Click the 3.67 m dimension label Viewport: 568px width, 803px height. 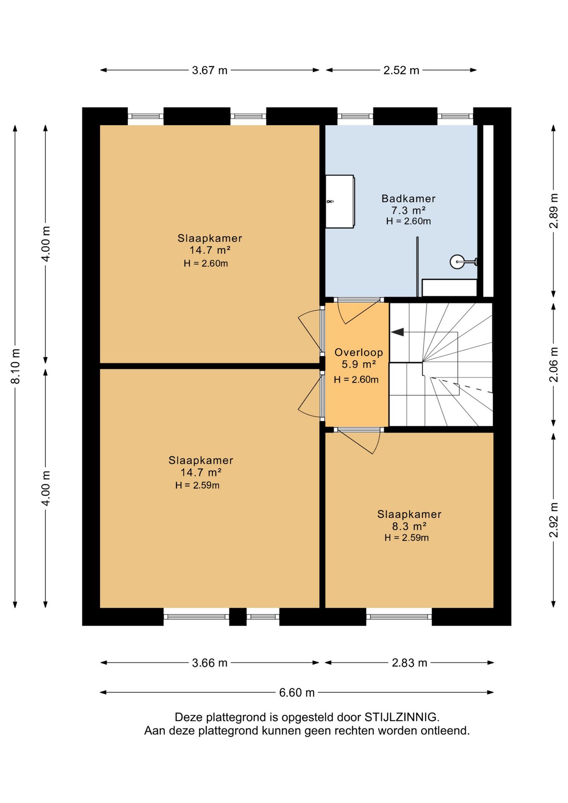210,70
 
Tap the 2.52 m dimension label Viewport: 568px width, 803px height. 401,70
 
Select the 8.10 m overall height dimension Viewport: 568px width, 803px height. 15,366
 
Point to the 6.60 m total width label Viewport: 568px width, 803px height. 297,693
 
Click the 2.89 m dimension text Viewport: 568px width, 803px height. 553,211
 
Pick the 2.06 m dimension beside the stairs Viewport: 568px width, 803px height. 553,365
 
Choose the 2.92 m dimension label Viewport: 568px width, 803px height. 553,520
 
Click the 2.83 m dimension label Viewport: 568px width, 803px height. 409,663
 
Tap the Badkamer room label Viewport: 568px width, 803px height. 408,199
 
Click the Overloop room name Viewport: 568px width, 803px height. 358,353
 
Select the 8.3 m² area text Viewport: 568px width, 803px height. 409,526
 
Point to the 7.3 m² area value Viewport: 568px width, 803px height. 408,210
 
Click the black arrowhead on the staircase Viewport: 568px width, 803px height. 397,332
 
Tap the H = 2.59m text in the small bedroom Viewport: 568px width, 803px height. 407,538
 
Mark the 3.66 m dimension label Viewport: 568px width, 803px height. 210,663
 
